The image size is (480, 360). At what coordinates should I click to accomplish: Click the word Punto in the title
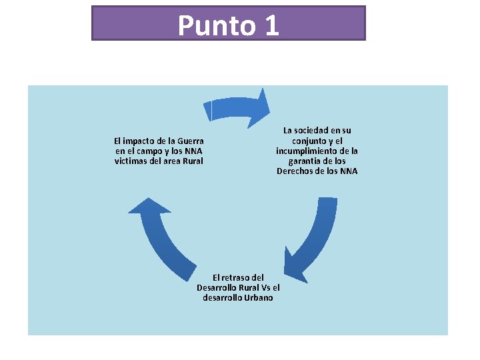pos(217,25)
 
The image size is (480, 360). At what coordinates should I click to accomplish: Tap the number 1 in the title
pos(271,25)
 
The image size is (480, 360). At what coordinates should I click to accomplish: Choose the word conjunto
pos(310,141)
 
